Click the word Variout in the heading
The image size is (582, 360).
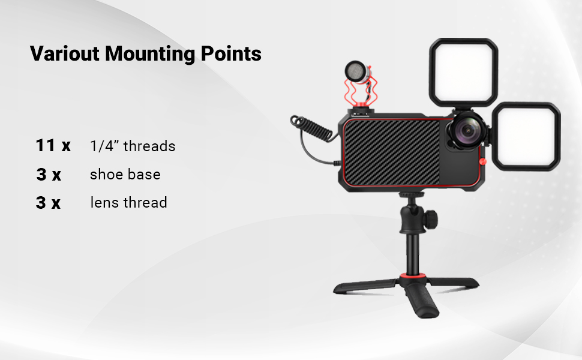(x=65, y=53)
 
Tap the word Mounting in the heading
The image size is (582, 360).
(x=150, y=54)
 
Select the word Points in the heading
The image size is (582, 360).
(x=231, y=53)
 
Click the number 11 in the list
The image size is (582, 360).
(x=46, y=145)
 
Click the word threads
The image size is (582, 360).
(x=149, y=146)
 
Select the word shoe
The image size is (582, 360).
(x=107, y=175)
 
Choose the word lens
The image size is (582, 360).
(x=104, y=203)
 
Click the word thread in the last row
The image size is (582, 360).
(x=145, y=203)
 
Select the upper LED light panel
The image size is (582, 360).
(x=464, y=72)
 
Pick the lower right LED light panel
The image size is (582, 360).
(x=526, y=137)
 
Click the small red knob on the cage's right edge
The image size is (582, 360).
(x=483, y=161)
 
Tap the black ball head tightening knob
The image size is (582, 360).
(x=431, y=218)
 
